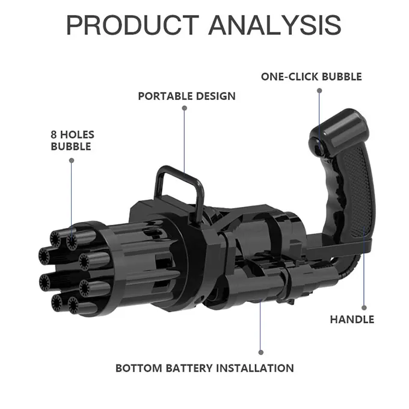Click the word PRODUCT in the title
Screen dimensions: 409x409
point(132,25)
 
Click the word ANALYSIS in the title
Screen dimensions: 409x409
point(275,25)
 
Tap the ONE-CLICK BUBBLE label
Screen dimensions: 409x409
point(312,77)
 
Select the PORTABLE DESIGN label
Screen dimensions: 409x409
point(187,96)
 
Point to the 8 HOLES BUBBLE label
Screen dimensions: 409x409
point(73,140)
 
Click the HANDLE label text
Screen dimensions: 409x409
point(352,319)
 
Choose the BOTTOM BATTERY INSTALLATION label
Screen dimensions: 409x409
point(204,368)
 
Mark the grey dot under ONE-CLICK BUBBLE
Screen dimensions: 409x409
point(319,90)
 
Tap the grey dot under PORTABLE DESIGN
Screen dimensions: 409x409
point(185,108)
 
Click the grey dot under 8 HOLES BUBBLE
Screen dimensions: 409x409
point(72,161)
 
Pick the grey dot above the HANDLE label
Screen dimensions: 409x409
point(364,308)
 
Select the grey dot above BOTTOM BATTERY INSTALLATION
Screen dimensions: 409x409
point(261,352)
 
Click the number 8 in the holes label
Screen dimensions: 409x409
point(54,135)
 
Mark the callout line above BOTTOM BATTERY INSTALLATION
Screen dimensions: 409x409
point(260,325)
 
